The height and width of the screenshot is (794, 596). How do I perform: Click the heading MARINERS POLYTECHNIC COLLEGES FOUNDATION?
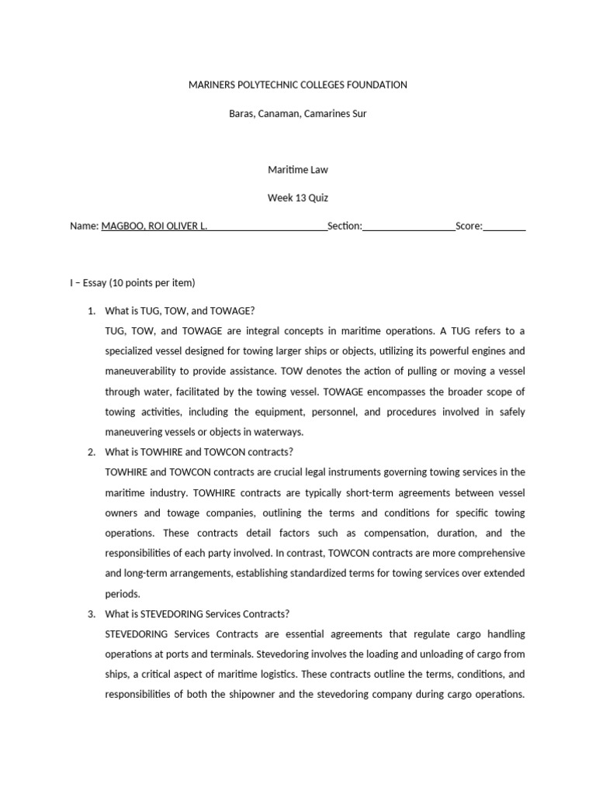pos(298,85)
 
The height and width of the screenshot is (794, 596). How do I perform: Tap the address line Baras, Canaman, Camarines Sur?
pos(298,113)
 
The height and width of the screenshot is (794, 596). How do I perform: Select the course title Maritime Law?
pos(298,169)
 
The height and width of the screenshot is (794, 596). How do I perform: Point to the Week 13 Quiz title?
pos(298,198)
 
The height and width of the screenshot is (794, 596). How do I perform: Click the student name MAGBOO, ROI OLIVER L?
pos(154,226)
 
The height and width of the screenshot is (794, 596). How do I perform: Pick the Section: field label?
pos(345,226)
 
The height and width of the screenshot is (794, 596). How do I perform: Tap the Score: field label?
pos(469,226)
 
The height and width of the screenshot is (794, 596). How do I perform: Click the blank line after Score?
pos(504,227)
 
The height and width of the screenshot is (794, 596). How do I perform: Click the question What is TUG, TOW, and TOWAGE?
pos(179,311)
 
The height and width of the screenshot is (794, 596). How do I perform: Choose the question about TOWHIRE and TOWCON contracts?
pos(199,452)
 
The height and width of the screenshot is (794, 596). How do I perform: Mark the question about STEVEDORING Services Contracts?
pos(197,613)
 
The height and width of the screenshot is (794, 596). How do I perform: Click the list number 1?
pos(91,311)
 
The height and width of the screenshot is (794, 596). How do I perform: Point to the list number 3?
pos(91,613)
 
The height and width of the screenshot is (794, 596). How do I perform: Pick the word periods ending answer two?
pos(123,594)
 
